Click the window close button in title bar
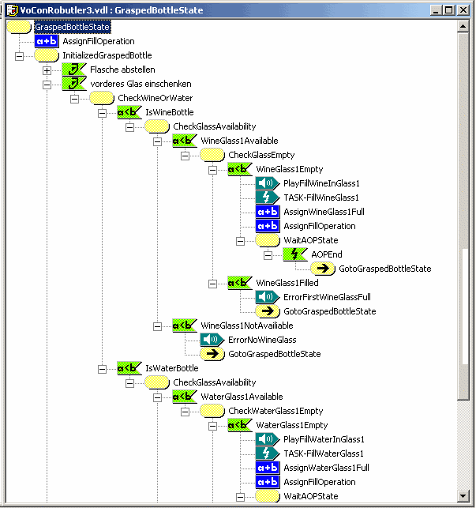coord(463,10)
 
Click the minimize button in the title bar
coord(436,10)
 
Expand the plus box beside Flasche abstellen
coord(47,70)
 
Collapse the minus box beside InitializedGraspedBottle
coord(20,56)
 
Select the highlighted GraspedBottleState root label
coord(72,27)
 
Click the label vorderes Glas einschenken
coord(141,84)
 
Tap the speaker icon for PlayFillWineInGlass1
coord(268,183)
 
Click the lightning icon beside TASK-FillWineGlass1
coord(268,198)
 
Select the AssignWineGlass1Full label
coord(324,212)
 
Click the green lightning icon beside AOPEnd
coord(295,254)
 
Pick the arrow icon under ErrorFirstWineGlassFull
coord(268,311)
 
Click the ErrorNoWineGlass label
coord(262,340)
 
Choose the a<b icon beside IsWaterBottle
coord(129,368)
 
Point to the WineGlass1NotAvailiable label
coord(247,325)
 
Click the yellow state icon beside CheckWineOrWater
coord(102,98)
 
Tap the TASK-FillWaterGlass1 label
coord(324,453)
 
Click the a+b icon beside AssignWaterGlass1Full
coord(268,468)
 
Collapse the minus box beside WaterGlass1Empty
coord(213,426)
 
